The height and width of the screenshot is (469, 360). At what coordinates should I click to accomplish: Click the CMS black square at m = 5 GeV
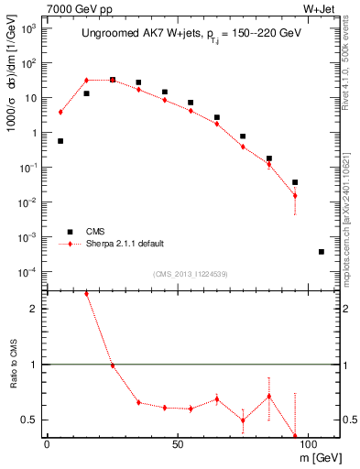(60, 141)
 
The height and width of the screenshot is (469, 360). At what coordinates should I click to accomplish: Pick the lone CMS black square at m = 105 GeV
(321, 251)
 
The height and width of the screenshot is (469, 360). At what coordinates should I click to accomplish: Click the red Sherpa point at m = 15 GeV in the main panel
(86, 81)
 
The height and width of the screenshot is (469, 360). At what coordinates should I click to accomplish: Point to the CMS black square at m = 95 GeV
(295, 182)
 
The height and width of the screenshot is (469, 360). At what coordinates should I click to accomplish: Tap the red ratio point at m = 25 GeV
(113, 365)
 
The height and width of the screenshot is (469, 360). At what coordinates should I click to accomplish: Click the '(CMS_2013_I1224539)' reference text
(191, 273)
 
